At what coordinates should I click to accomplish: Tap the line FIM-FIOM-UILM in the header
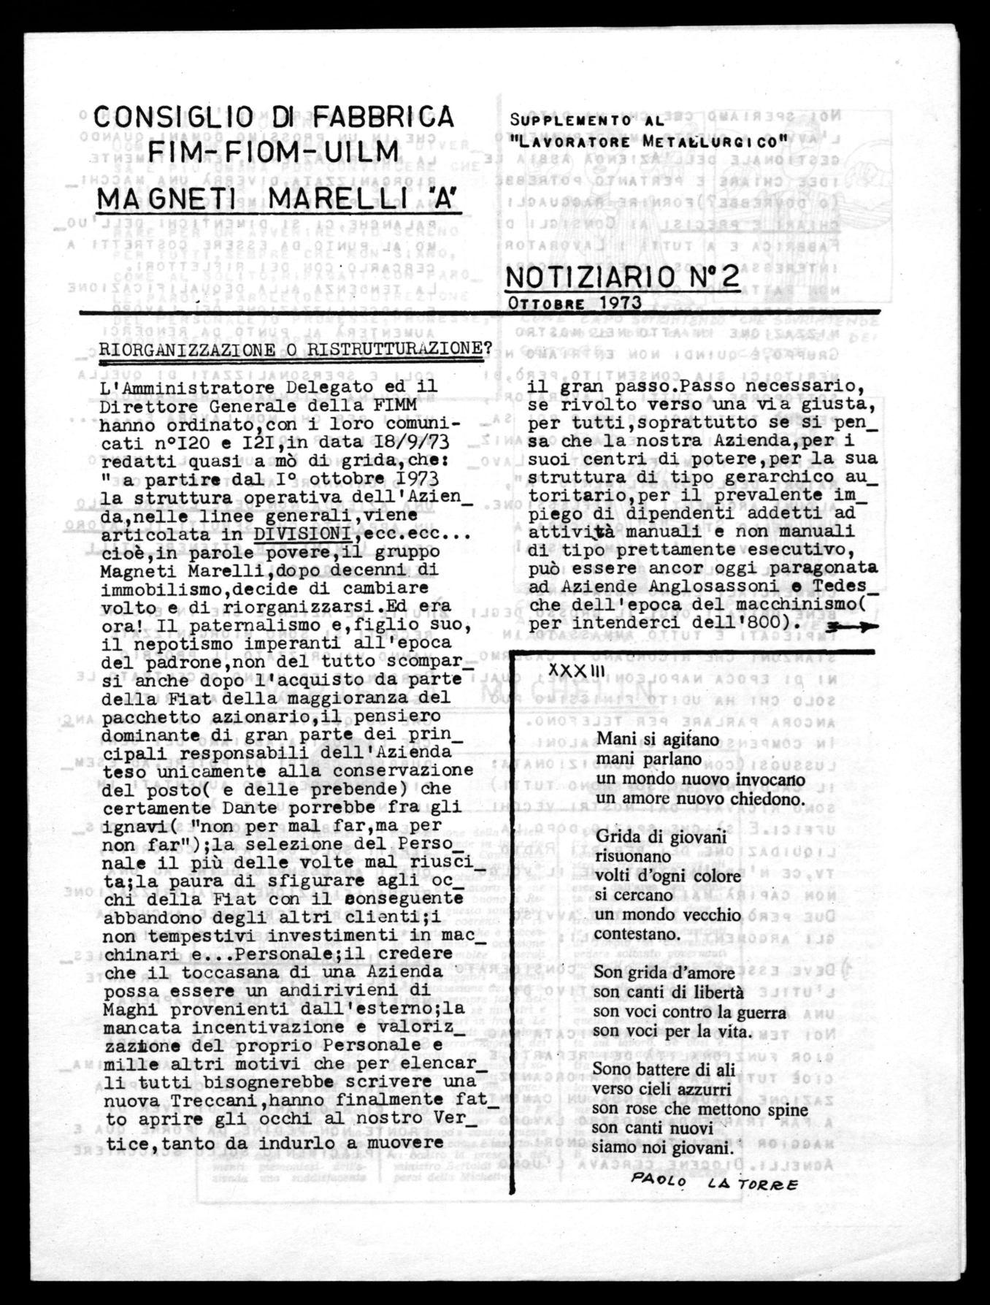(274, 153)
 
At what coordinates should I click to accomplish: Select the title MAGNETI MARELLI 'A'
(280, 198)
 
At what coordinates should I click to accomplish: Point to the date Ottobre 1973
(573, 302)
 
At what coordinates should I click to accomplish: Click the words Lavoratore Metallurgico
(648, 138)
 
